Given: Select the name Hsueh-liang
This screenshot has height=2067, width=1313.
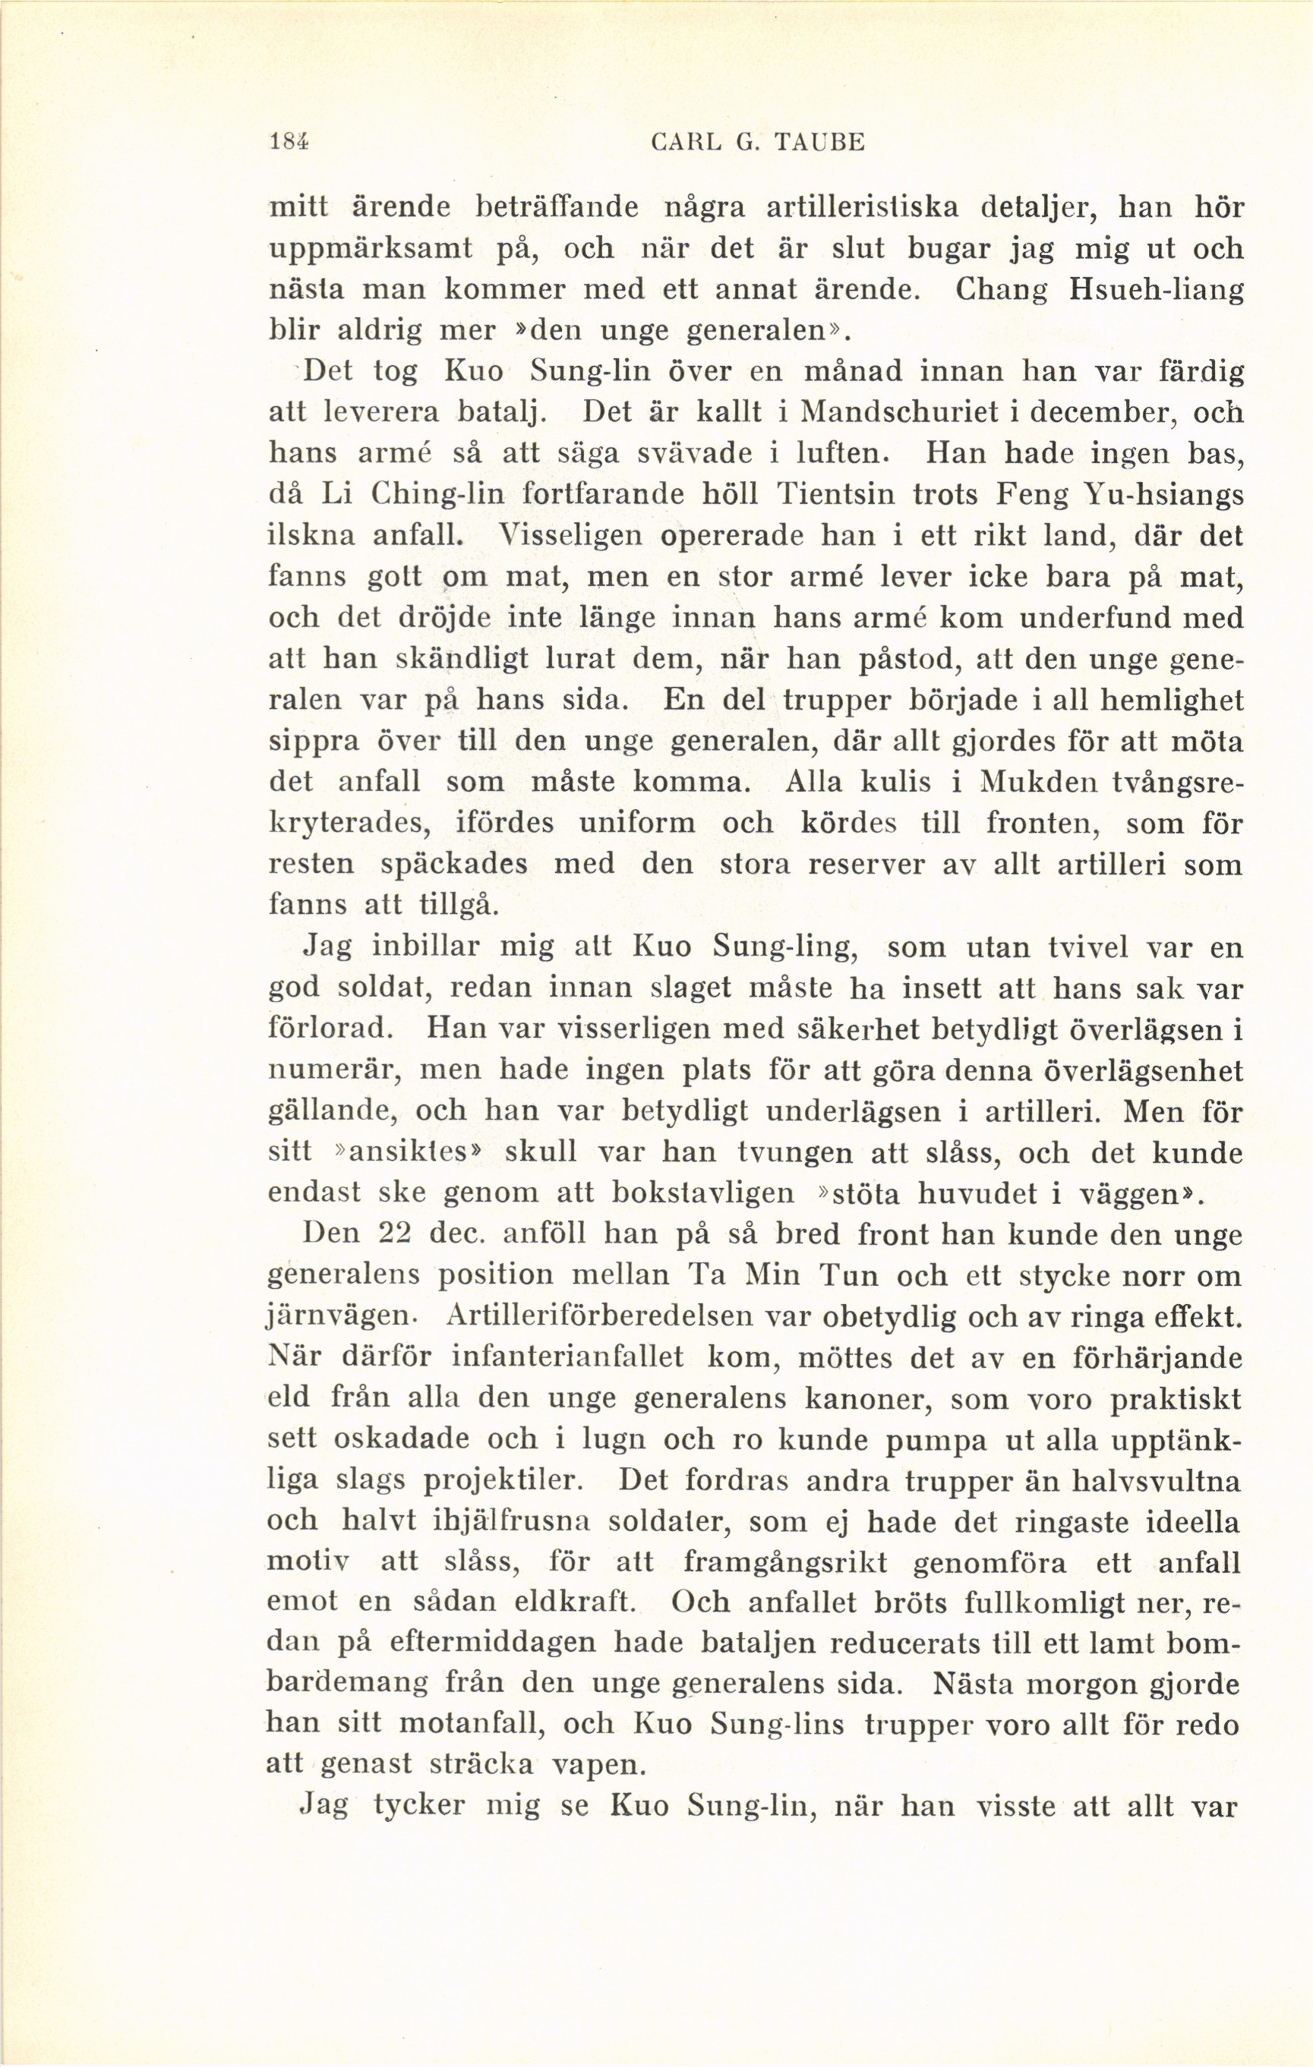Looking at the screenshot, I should [x=1155, y=289].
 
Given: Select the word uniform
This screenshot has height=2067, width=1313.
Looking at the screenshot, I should [x=636, y=824].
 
